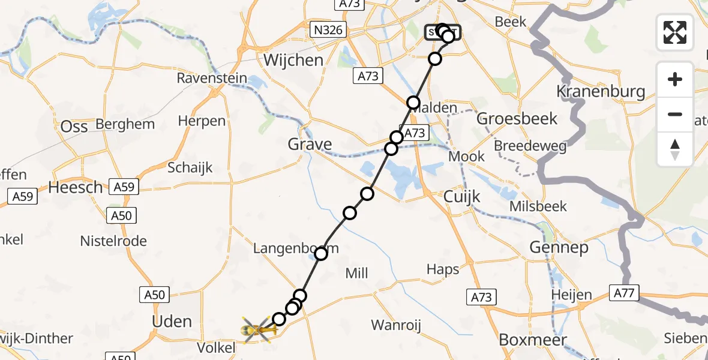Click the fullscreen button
pos(675,32)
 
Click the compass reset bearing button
pos(675,149)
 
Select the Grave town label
pos(310,145)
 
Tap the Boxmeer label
pos(533,340)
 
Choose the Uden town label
pos(172,322)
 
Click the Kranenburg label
pos(601,92)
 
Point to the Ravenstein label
pos(212,79)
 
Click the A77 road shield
pos(625,293)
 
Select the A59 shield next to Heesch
pos(124,187)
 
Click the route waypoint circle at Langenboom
pos(321,254)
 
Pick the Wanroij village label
pos(396,326)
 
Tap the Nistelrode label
pos(114,241)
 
